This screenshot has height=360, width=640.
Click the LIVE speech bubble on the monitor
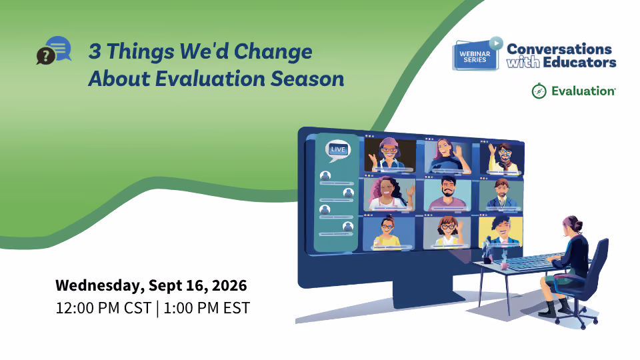[x=337, y=150]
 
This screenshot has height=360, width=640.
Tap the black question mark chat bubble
[x=45, y=56]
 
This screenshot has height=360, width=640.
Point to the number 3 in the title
[x=95, y=51]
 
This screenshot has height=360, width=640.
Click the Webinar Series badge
[x=476, y=55]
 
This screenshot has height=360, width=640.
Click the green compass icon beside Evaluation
[x=539, y=91]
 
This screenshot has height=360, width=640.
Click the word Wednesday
[x=99, y=286]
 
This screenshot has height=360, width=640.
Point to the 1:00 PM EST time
[x=207, y=308]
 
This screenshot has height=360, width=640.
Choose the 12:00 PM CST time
[x=103, y=308]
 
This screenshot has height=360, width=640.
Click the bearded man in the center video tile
[x=447, y=194]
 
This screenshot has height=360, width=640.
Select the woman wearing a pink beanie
[x=389, y=155]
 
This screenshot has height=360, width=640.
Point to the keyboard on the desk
[x=529, y=261]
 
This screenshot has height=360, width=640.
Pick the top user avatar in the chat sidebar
[x=325, y=176]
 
